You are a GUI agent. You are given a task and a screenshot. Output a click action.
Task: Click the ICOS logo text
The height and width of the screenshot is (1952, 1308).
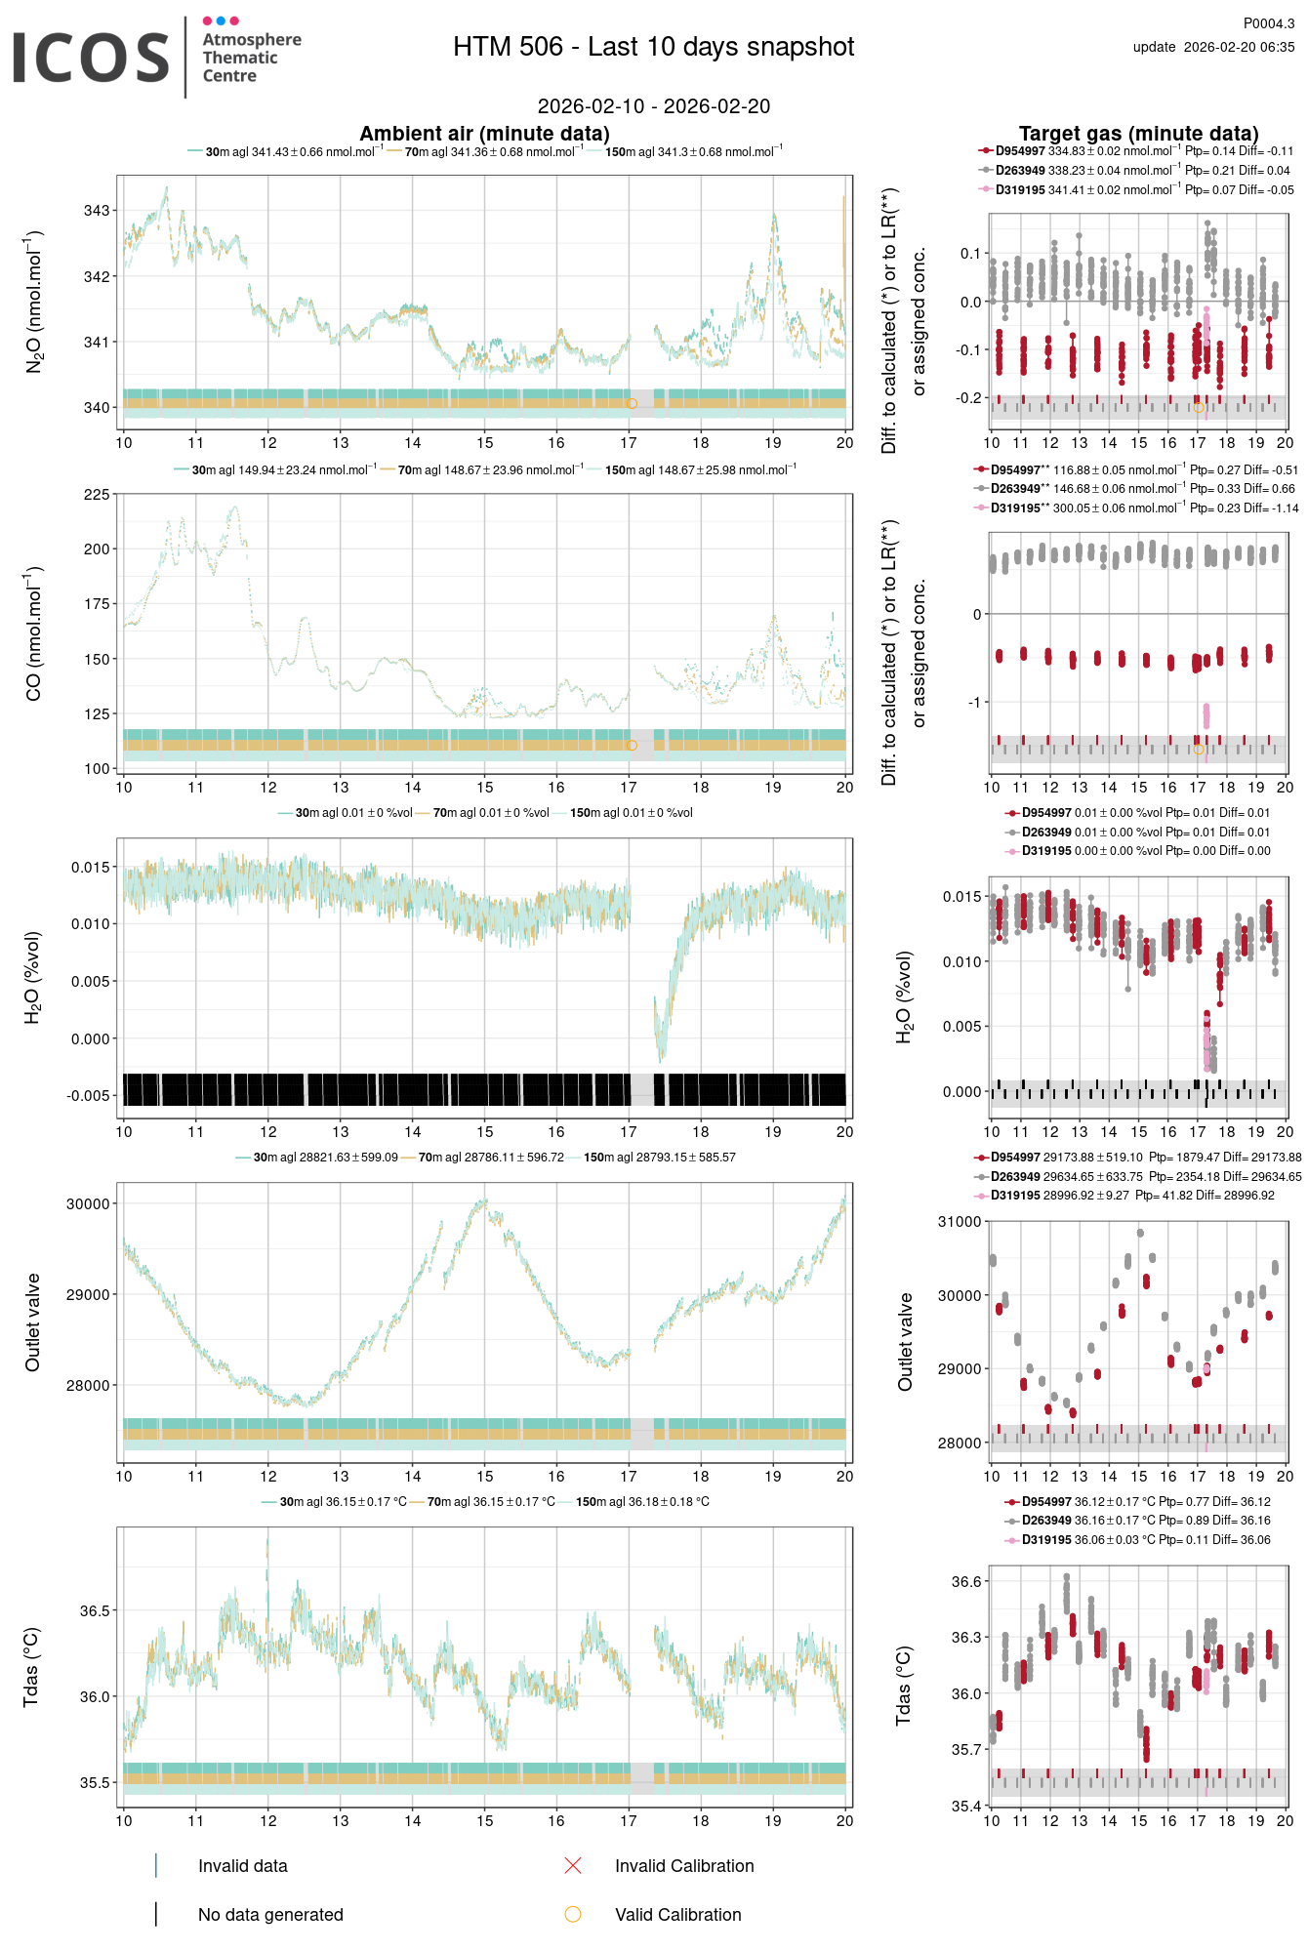[x=91, y=58]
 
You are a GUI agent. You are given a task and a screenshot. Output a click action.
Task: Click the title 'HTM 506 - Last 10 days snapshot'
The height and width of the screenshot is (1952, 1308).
[x=653, y=47]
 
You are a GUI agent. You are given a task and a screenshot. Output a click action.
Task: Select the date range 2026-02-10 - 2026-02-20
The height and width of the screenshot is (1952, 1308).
[x=653, y=106]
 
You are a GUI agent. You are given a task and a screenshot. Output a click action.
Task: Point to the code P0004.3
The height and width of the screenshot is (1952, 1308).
[x=1268, y=23]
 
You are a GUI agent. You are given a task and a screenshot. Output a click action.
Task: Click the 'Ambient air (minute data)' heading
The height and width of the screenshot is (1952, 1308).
[x=484, y=134]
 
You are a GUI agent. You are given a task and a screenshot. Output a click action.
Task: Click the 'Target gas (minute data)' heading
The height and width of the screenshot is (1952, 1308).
[x=1138, y=134]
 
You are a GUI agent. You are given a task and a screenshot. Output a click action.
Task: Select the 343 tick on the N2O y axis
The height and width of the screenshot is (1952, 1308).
[x=97, y=211]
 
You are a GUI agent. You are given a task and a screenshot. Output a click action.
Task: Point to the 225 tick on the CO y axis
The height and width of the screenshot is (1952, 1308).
[x=97, y=495]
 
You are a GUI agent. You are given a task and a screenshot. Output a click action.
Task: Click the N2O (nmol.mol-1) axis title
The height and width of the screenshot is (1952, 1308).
[x=34, y=303]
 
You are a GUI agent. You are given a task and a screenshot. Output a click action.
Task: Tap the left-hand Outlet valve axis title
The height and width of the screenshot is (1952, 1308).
[x=33, y=1322]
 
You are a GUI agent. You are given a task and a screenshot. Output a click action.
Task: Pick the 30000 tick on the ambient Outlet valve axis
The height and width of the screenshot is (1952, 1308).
[x=88, y=1204]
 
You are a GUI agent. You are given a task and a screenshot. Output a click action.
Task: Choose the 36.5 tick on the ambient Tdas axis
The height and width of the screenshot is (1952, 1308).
[x=95, y=1610]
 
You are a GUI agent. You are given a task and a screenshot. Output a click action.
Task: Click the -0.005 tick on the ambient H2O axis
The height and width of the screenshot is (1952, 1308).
[x=89, y=1096]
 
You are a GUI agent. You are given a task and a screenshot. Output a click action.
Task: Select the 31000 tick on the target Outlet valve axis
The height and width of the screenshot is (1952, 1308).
[x=960, y=1222]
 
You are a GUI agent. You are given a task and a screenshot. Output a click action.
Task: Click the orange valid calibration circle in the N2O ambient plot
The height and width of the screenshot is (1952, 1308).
[x=632, y=403]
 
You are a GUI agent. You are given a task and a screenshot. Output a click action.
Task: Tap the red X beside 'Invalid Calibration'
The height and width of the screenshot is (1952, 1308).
[x=573, y=1866]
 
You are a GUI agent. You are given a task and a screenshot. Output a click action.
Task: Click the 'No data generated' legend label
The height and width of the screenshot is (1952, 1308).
[x=270, y=1915]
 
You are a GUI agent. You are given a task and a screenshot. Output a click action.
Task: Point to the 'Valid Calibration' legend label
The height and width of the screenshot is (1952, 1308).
[x=677, y=1915]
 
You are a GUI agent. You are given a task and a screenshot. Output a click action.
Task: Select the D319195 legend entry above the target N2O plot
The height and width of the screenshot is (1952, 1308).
[x=1020, y=190]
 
